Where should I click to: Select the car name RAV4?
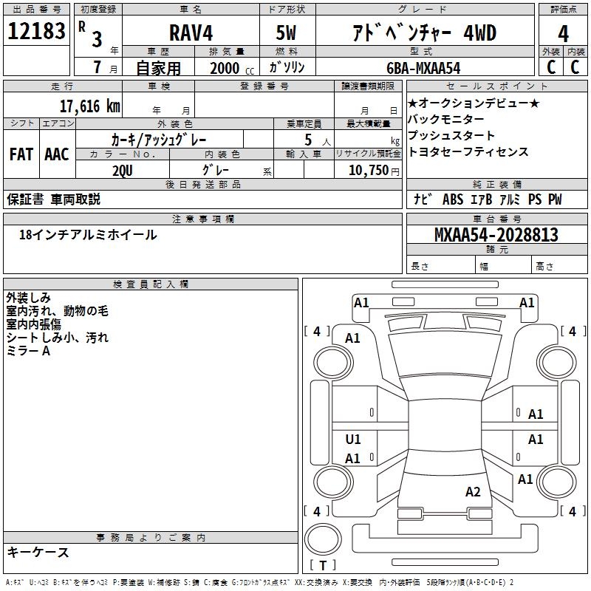tap(189, 33)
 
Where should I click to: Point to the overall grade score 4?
tap(564, 34)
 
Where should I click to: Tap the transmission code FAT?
tap(21, 154)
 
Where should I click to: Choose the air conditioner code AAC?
tap(56, 154)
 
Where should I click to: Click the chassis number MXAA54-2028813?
tap(496, 235)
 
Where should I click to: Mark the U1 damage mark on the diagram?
tap(353, 440)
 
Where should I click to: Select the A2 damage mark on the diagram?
tap(473, 491)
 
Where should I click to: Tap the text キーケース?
tap(38, 553)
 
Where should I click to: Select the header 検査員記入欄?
tap(151, 284)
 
